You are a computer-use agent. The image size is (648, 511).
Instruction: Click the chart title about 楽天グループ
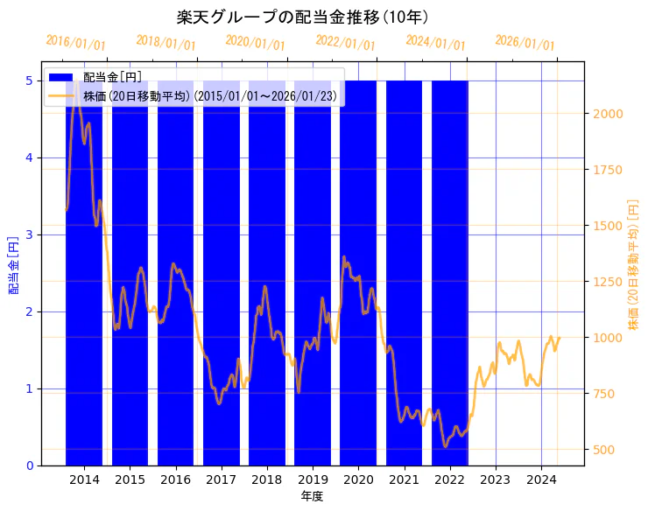[302, 17]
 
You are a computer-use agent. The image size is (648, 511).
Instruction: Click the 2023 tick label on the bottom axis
[496, 479]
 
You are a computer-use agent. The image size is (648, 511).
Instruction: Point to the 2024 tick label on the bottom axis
[541, 479]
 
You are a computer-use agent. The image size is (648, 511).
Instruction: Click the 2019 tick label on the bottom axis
[313, 479]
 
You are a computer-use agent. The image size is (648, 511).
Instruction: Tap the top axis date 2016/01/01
[76, 44]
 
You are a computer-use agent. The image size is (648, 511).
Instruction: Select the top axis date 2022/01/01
[346, 44]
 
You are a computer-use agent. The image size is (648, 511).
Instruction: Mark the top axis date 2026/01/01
[525, 44]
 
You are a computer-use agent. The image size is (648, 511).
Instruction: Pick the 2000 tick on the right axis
[607, 114]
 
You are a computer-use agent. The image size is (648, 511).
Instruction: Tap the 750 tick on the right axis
[604, 394]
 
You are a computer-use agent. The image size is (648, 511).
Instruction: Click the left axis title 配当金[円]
[14, 265]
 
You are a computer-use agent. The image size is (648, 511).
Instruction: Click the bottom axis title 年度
[313, 496]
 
